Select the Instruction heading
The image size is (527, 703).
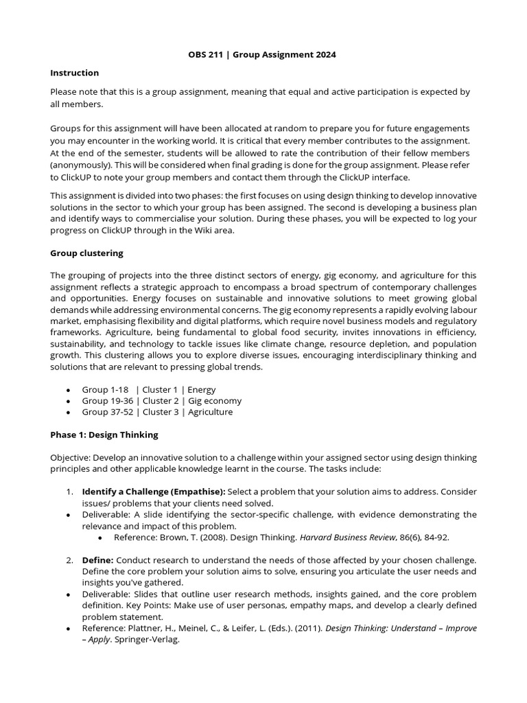click(74, 73)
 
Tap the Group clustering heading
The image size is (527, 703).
click(86, 253)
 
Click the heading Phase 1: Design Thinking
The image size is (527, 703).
click(104, 435)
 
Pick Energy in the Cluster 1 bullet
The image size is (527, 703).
click(202, 389)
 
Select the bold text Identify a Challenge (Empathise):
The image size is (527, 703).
click(153, 492)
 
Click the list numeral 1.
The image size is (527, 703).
click(69, 492)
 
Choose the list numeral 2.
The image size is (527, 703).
click(69, 560)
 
